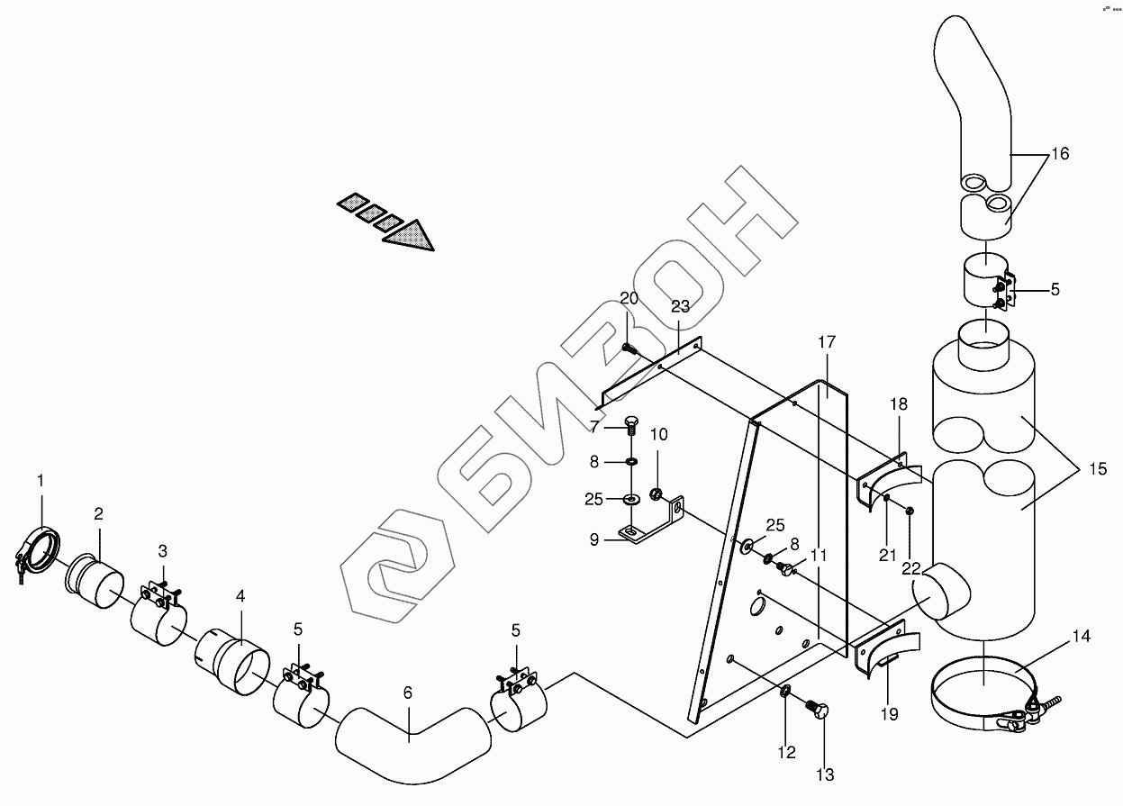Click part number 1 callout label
click(41, 481)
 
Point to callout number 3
click(163, 549)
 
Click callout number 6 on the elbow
click(408, 693)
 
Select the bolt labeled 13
click(820, 710)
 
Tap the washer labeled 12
click(785, 692)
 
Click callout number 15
click(1096, 468)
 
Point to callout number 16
click(1060, 154)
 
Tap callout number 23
click(680, 306)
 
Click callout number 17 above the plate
click(827, 342)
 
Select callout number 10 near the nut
click(658, 435)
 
